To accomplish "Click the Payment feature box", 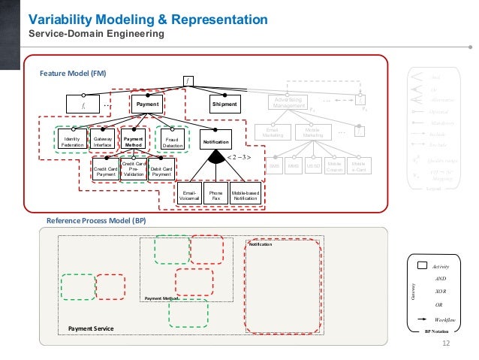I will [147, 104].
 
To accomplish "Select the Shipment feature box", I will [224, 104].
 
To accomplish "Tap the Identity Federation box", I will [72, 141].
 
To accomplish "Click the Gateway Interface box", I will [103, 141].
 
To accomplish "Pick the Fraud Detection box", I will [173, 141].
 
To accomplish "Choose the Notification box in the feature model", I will [217, 141].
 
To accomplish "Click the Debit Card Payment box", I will [161, 171].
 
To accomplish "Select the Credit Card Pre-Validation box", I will [133, 168].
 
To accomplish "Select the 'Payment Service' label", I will [90, 328].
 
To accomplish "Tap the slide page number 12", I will [447, 343].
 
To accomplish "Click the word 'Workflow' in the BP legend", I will [447, 319].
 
